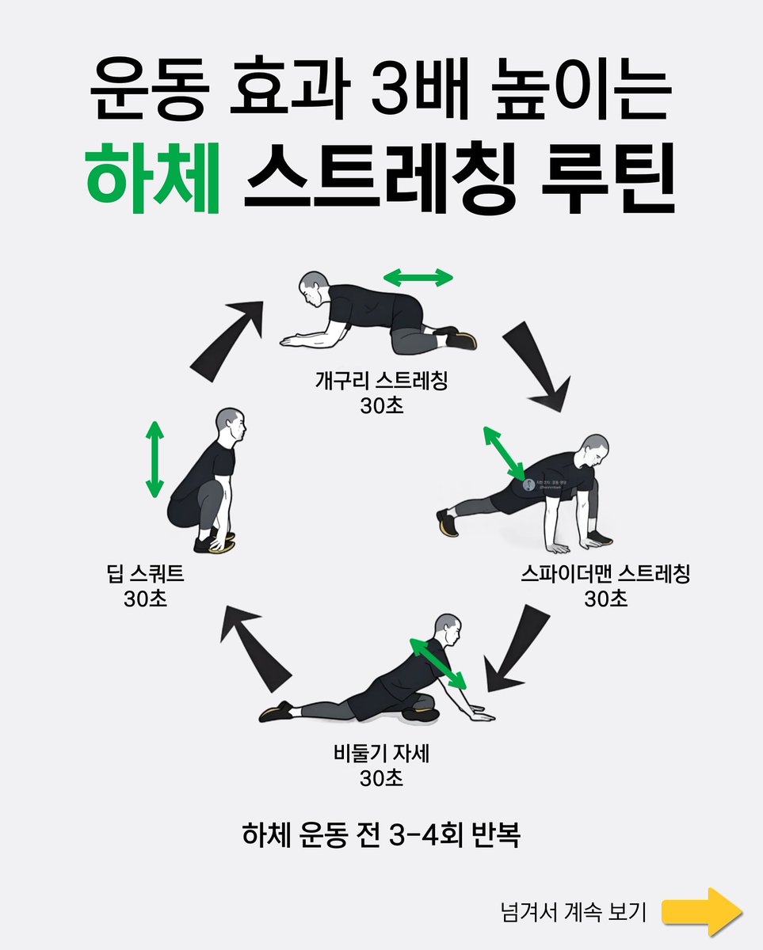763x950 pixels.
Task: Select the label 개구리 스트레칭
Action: (381, 382)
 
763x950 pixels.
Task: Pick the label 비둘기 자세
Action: (381, 754)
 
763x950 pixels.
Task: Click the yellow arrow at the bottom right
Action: (702, 911)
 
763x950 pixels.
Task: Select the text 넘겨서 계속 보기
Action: (574, 912)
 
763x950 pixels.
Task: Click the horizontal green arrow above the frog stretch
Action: (418, 277)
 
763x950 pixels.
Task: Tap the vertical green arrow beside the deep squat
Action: (155, 459)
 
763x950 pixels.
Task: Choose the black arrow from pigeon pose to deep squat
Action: (255, 644)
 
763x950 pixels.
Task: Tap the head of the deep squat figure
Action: (231, 426)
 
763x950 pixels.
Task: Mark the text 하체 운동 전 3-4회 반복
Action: (381, 835)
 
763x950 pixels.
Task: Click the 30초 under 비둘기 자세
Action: (381, 778)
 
